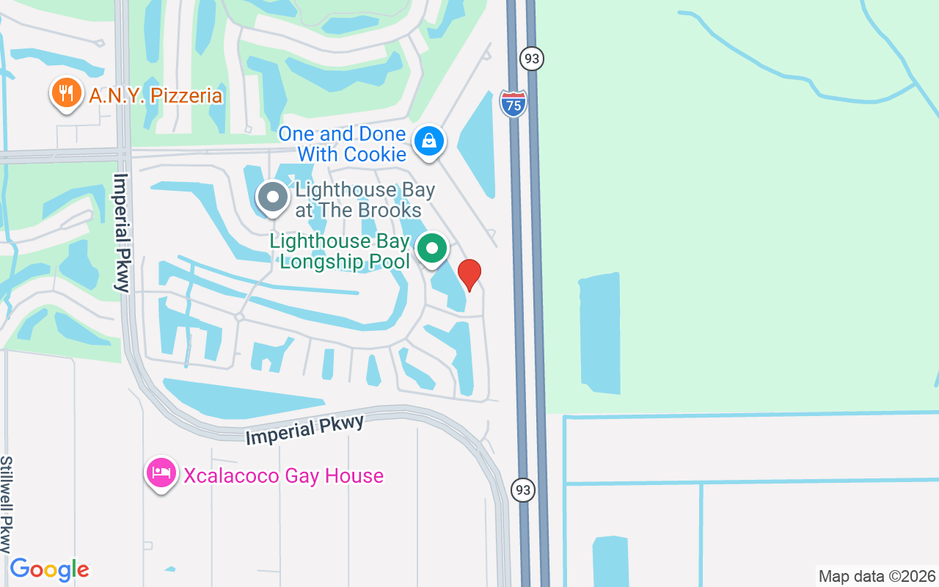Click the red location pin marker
pos(469,274)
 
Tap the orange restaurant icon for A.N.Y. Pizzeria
pos(66,93)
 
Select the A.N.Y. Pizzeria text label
pos(156,95)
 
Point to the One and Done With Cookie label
pos(342,144)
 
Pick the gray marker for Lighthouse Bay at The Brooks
pos(273,197)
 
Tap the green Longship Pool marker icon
pos(432,249)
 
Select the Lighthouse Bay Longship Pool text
pos(340,251)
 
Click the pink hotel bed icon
pos(161,473)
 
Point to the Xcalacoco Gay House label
pos(283,475)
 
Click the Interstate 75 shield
pos(514,103)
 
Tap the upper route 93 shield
pos(532,58)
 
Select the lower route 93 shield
pos(523,490)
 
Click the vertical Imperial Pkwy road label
pos(121,233)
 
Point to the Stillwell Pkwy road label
pos(7,504)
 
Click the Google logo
pos(49,569)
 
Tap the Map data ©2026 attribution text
pos(877,576)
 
